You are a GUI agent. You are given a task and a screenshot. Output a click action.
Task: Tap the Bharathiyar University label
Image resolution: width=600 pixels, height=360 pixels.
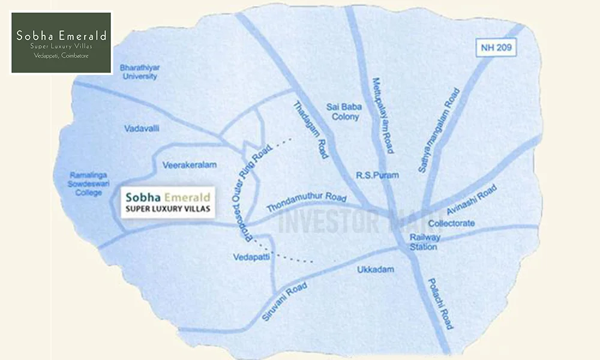click(139, 72)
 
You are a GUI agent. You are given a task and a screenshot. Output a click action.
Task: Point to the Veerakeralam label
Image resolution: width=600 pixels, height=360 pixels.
click(189, 164)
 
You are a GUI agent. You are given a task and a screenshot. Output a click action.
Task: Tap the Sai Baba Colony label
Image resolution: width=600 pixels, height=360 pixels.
click(343, 112)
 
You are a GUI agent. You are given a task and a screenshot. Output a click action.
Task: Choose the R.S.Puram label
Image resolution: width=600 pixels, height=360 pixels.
click(373, 175)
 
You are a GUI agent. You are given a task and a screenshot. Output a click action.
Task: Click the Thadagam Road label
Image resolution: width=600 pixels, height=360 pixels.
click(311, 130)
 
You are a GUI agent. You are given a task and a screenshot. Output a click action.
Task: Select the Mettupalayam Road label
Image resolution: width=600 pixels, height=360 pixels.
click(382, 115)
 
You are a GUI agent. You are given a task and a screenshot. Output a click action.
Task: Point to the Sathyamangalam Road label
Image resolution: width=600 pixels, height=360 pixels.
click(439, 131)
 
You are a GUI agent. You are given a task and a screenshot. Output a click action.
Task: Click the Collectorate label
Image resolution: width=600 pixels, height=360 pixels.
click(452, 223)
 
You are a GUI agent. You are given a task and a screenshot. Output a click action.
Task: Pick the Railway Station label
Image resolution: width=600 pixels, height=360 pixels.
click(425, 241)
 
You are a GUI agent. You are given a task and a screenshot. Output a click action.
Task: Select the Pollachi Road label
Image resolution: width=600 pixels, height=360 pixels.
click(440, 304)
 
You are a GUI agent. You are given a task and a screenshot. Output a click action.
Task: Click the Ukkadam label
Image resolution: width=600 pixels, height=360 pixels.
click(376, 269)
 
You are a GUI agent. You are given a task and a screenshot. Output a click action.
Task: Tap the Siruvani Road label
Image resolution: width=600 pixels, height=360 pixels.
click(284, 302)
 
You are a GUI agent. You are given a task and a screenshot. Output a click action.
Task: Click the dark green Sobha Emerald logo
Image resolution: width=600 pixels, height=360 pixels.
click(62, 42)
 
